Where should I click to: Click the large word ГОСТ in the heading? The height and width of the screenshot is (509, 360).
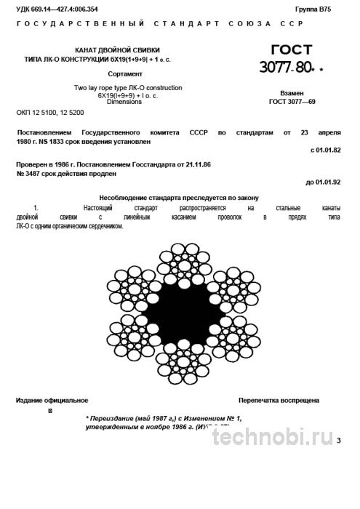click(291, 50)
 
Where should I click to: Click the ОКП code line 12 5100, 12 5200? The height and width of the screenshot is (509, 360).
click(50, 113)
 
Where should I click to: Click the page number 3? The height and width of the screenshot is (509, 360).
click(338, 451)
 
